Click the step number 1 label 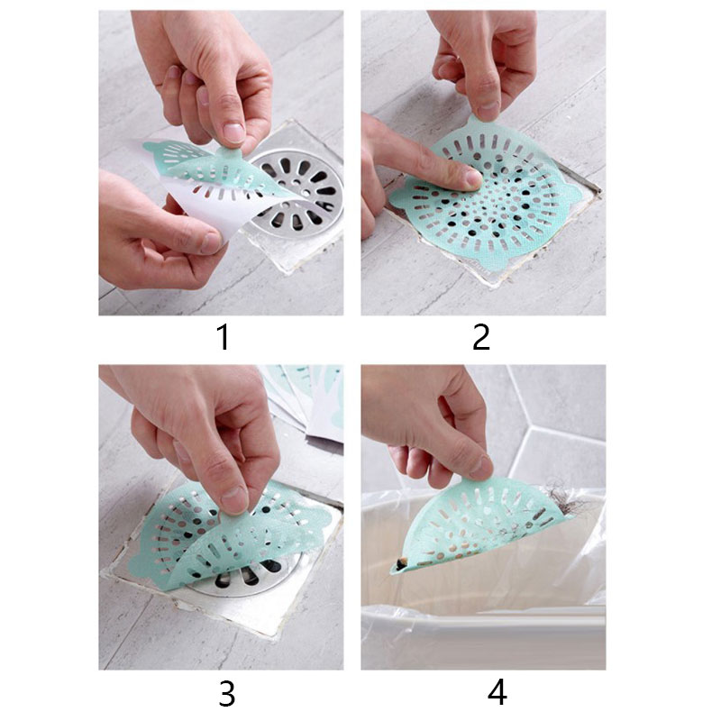pos(223,337)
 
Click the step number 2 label pos(481,337)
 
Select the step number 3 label pos(227,693)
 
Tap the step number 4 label pos(497,692)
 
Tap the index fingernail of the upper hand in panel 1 pos(234,132)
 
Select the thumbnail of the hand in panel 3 pos(234,499)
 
